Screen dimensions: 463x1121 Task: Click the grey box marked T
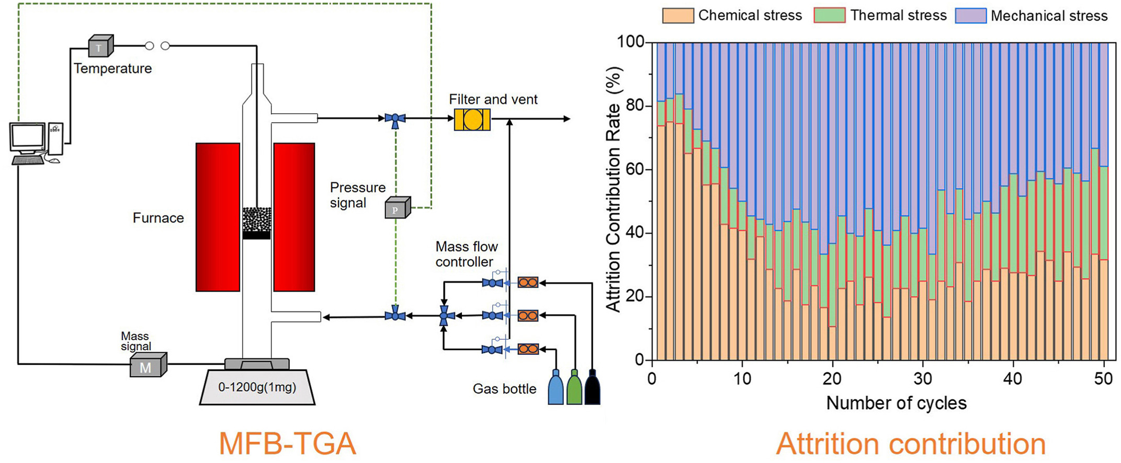pyautogui.click(x=100, y=47)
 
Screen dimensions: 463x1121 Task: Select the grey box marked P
pyautogui.click(x=397, y=209)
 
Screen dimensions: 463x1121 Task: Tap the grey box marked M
pyautogui.click(x=148, y=366)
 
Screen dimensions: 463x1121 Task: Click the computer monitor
pyautogui.click(x=28, y=138)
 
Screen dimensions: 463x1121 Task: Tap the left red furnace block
pyautogui.click(x=218, y=217)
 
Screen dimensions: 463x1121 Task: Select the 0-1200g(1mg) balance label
pyautogui.click(x=257, y=387)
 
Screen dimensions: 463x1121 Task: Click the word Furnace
pyautogui.click(x=158, y=218)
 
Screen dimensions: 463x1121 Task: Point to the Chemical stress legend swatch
pyautogui.click(x=678, y=16)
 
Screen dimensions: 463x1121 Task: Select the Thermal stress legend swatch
pyautogui.click(x=830, y=16)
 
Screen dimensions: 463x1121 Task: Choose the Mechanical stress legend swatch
pyautogui.click(x=971, y=16)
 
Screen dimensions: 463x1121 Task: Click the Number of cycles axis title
pyautogui.click(x=896, y=403)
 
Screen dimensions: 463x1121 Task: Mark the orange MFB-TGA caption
pyautogui.click(x=287, y=444)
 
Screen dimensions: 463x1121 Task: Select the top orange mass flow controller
pyautogui.click(x=528, y=283)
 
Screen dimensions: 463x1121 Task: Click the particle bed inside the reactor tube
pyautogui.click(x=257, y=220)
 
